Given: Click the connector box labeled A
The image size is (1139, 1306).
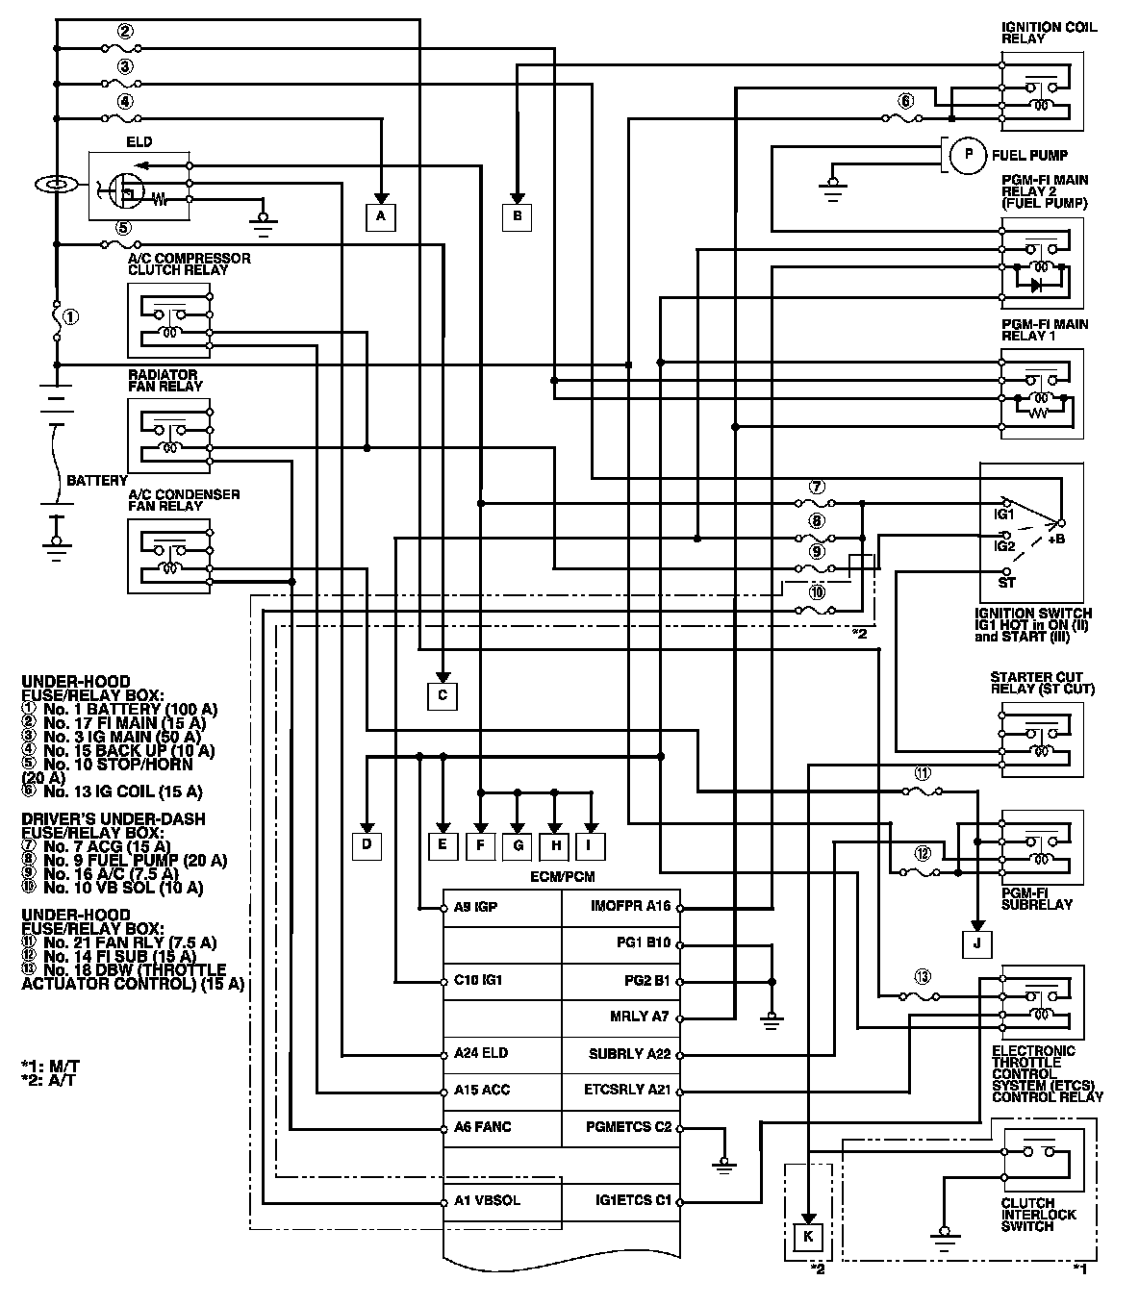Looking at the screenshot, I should [x=381, y=217].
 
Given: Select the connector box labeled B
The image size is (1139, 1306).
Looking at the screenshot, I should [x=517, y=217].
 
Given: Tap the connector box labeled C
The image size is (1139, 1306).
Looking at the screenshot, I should [x=442, y=694].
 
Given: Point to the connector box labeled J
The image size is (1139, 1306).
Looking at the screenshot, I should [x=976, y=944].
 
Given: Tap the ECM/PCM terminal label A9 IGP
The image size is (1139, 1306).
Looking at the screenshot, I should [x=475, y=907].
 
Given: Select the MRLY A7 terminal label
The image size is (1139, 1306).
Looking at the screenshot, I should [x=639, y=1017].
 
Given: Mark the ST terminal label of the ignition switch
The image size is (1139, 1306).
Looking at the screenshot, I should [x=1006, y=582].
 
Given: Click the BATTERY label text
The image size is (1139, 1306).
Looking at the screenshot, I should [x=96, y=480].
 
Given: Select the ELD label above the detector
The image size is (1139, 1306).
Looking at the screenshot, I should [x=139, y=141].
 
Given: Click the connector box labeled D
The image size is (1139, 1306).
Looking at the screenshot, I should [x=367, y=846].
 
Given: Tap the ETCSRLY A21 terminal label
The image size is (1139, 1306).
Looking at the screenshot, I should [x=627, y=1091].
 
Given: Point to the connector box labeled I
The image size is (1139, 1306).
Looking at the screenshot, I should [x=592, y=846].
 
